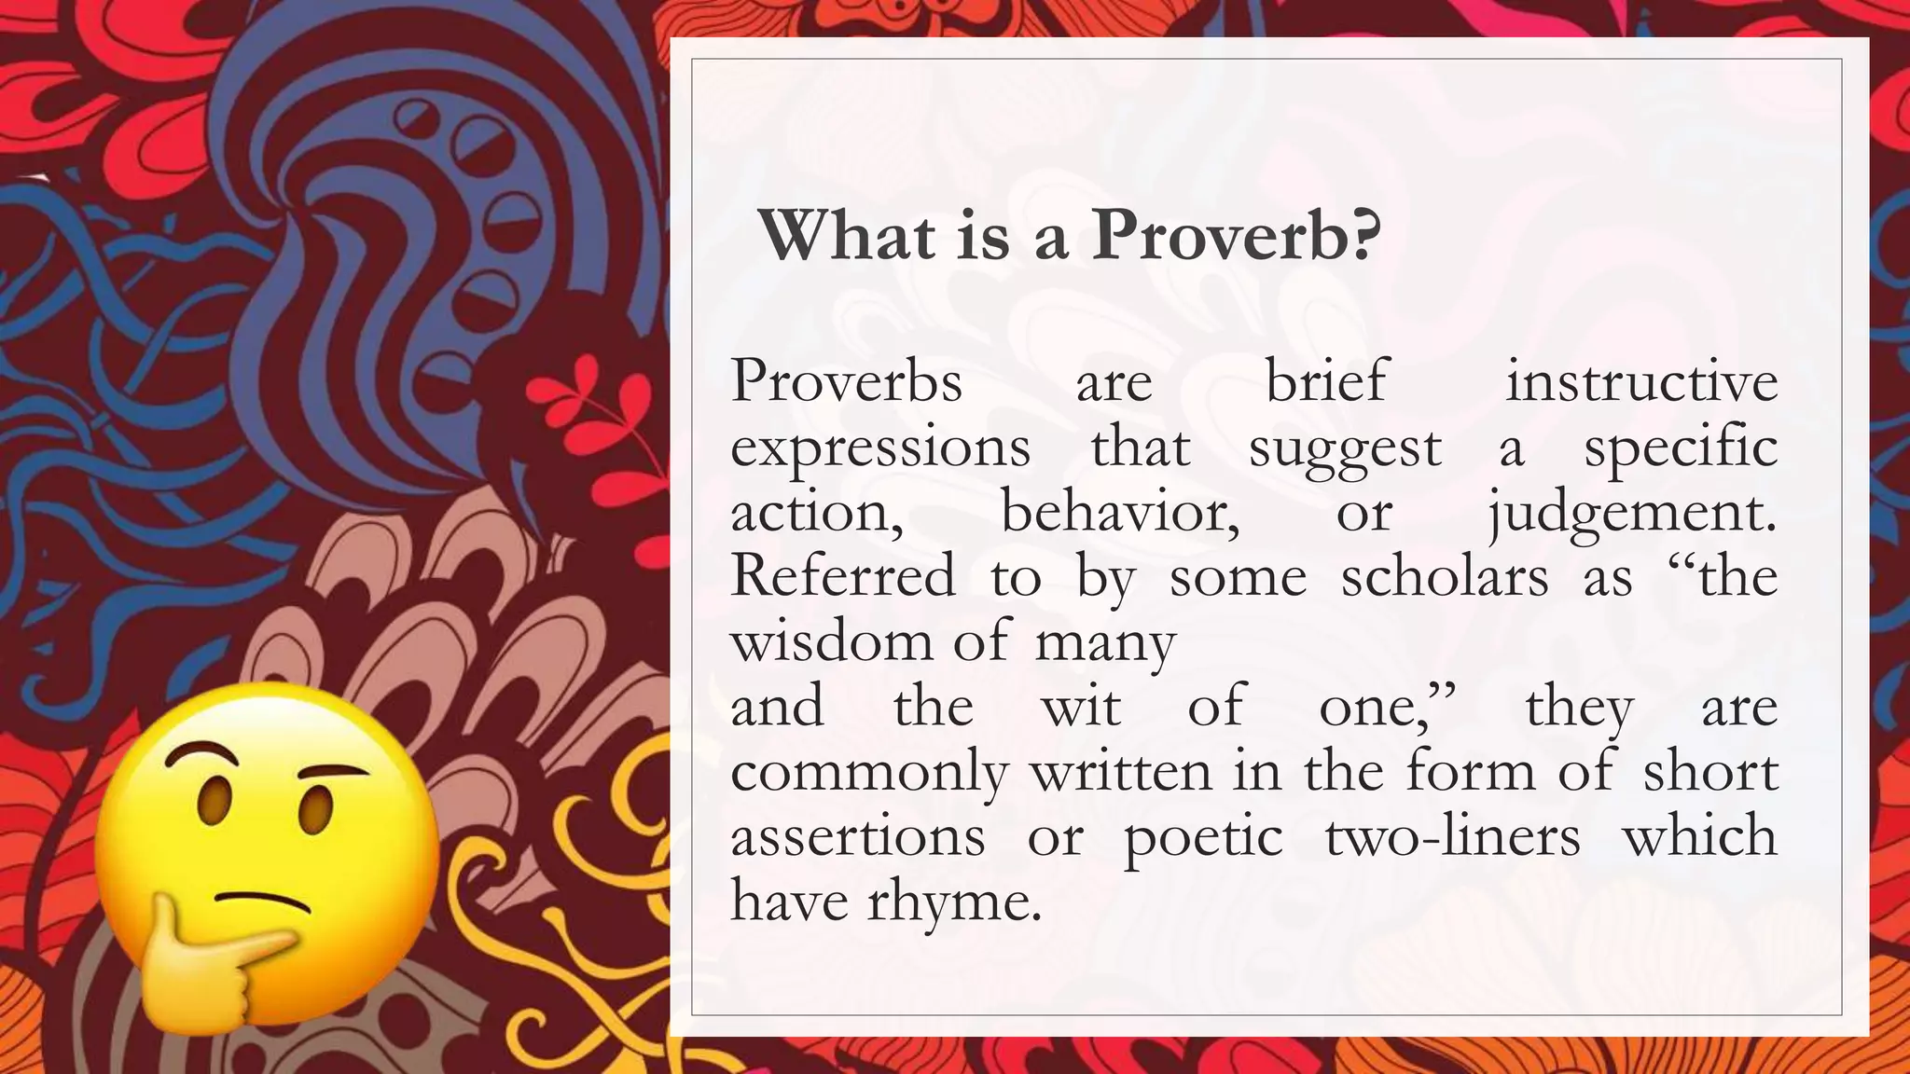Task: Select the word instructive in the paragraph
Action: pyautogui.click(x=1641, y=382)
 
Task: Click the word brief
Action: pyautogui.click(x=1326, y=382)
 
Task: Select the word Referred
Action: pyautogui.click(x=843, y=577)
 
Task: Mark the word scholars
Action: pyautogui.click(x=1444, y=577)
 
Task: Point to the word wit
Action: pyautogui.click(x=1080, y=707)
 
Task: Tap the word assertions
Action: pyautogui.click(x=857, y=836)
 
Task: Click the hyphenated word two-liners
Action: pyautogui.click(x=1452, y=836)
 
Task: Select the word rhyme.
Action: pyautogui.click(x=953, y=902)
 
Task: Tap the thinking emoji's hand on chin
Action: pyautogui.click(x=210, y=960)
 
